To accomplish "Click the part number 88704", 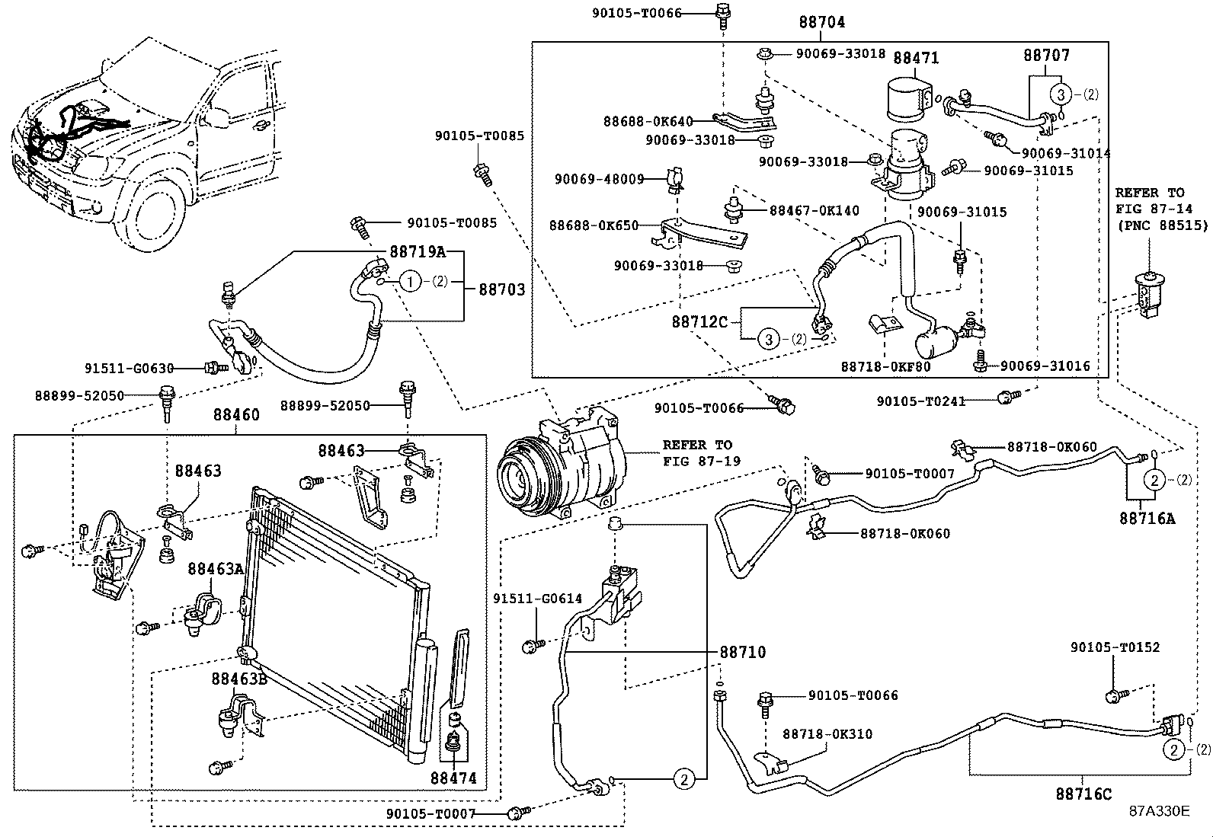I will pyautogui.click(x=821, y=23).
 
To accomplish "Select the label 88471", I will pyautogui.click(x=916, y=58).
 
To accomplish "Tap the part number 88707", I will pyautogui.click(x=1046, y=56).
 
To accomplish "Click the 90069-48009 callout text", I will pyautogui.click(x=600, y=179).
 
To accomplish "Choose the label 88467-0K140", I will pyautogui.click(x=814, y=210).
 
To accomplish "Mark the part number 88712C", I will pyautogui.click(x=699, y=321).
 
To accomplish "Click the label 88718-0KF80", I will pyautogui.click(x=885, y=366).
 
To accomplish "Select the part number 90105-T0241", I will pyautogui.click(x=920, y=401).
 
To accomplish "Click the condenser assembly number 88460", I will pyautogui.click(x=236, y=415).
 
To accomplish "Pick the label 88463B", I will pyautogui.click(x=239, y=679).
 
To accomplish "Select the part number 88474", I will pyautogui.click(x=453, y=778).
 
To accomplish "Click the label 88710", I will pyautogui.click(x=743, y=652).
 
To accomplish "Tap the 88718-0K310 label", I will pyautogui.click(x=827, y=734).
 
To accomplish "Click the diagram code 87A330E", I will pyautogui.click(x=1159, y=811).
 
